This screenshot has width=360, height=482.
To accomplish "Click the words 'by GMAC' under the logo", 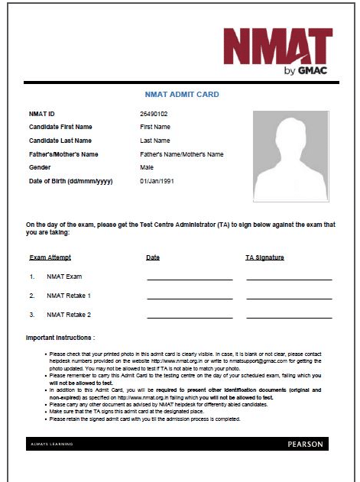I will click(x=304, y=72).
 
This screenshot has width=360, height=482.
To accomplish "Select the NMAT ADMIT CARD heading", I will click(x=182, y=95).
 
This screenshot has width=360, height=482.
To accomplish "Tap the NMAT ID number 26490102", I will click(x=154, y=113).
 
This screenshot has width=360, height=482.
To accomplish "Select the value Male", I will click(x=147, y=167).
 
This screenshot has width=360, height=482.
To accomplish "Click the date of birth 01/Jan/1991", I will click(x=158, y=181).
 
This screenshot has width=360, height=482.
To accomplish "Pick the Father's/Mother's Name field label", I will click(x=63, y=154).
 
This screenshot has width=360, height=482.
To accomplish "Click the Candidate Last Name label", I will click(x=60, y=141).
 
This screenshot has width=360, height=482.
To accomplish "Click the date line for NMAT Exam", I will click(x=190, y=279).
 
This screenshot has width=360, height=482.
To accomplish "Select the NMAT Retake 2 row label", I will click(x=69, y=314).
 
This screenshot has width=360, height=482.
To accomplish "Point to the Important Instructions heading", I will click(x=60, y=337).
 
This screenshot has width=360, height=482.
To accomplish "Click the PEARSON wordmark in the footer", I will click(x=305, y=444).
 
